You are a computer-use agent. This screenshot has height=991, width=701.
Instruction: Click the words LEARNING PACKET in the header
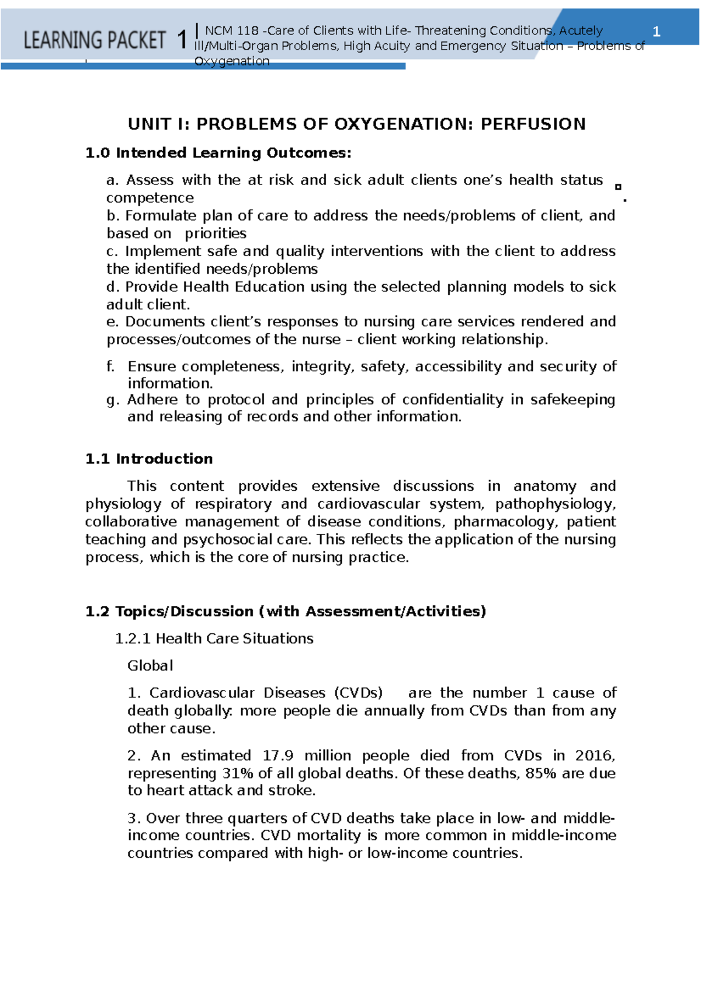[95, 40]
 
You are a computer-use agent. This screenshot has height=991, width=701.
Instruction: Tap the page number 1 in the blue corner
[656, 32]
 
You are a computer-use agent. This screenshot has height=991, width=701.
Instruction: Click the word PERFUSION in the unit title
[533, 124]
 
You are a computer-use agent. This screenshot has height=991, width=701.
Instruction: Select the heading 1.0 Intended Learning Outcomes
[218, 153]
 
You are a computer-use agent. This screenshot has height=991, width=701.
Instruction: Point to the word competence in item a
[150, 198]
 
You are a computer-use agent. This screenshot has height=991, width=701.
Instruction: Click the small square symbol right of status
[618, 187]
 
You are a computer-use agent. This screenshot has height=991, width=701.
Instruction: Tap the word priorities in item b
[216, 233]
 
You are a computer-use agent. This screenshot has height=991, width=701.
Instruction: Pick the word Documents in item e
[165, 322]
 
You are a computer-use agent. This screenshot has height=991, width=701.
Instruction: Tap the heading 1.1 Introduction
[149, 459]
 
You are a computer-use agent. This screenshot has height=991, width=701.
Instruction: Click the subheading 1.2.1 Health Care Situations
[214, 638]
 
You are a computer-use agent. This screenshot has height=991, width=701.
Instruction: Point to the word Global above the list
[150, 665]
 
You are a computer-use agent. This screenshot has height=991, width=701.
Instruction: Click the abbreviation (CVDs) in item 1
[358, 693]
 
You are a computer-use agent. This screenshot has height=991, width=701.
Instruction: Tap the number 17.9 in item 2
[277, 756]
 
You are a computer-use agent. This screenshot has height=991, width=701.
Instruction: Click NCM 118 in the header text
[231, 31]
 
